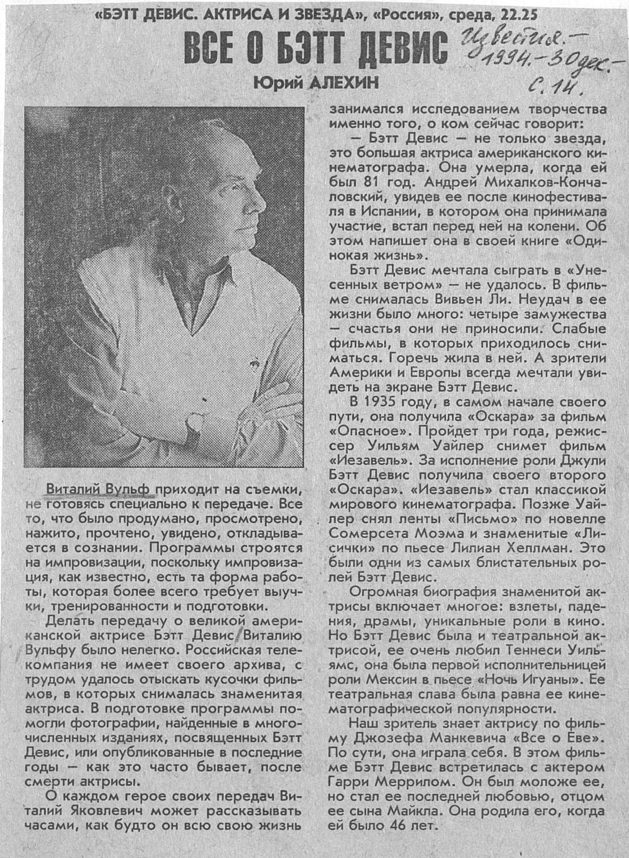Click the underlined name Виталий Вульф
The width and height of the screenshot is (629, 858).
coord(99,490)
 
